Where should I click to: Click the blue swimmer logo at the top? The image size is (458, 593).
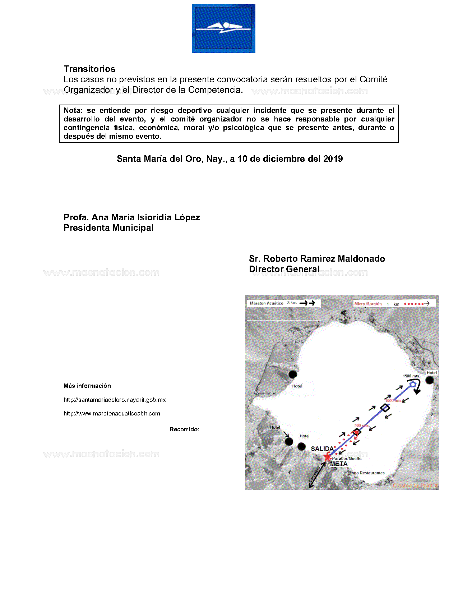(223, 28)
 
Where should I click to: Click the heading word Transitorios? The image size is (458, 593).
(89, 69)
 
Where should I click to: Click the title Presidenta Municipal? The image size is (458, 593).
(108, 228)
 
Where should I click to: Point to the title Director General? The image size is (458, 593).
(284, 269)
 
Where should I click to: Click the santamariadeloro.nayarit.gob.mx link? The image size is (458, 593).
(114, 400)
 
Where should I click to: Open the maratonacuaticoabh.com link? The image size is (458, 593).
(112, 413)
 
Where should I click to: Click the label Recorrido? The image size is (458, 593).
(184, 429)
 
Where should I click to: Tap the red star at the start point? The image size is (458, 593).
(327, 457)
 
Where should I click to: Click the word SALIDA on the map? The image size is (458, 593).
(322, 449)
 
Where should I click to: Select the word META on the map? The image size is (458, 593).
(339, 464)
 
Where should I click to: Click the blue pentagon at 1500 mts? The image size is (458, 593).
(413, 384)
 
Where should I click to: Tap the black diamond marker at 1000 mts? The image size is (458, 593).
(385, 408)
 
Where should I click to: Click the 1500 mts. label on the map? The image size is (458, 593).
(411, 376)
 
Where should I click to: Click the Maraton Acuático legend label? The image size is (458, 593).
(267, 303)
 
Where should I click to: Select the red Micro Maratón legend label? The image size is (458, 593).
(368, 304)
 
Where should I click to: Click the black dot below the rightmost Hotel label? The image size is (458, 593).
(430, 380)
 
